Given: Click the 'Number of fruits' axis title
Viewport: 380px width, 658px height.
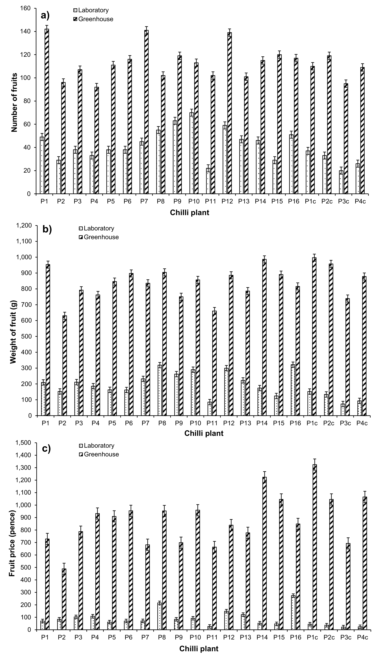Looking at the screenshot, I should click(x=15, y=102).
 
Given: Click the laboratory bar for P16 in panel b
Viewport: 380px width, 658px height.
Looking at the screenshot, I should click(x=293, y=390).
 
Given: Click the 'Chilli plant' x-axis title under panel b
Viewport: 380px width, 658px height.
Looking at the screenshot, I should click(x=204, y=433).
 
